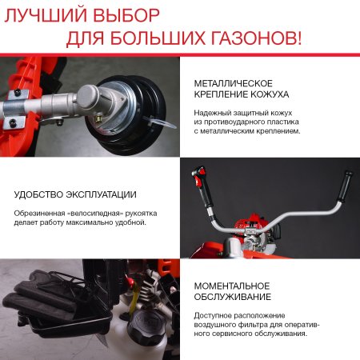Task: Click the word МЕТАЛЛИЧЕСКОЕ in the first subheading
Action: [x=234, y=83]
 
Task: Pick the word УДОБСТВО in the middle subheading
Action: [x=40, y=194]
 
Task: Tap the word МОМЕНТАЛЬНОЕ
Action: [x=232, y=286]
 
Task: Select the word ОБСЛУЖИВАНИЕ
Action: [x=231, y=298]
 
